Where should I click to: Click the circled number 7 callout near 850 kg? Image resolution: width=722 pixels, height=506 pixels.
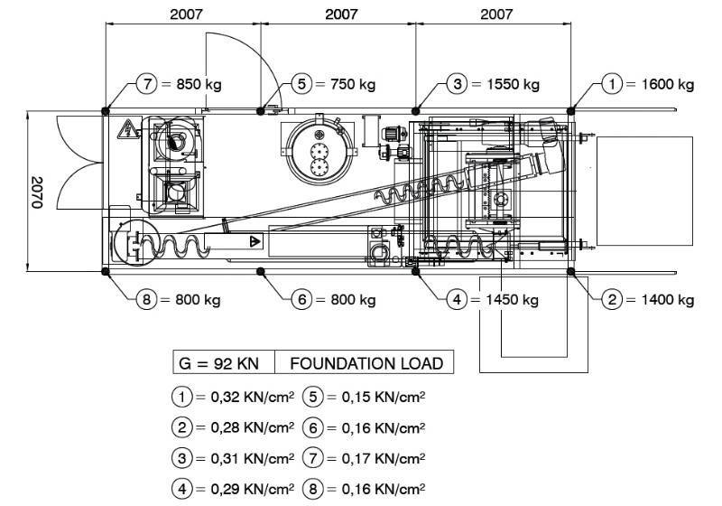click(x=147, y=84)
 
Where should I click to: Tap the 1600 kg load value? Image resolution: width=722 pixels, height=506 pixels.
click(x=668, y=84)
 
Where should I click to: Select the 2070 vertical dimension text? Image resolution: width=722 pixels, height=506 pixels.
click(x=36, y=192)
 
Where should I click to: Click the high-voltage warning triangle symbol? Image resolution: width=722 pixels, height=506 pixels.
click(x=127, y=129)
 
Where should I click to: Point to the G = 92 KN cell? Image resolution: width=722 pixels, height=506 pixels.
click(x=219, y=363)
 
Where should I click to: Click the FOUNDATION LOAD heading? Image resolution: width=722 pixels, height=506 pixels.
click(x=366, y=363)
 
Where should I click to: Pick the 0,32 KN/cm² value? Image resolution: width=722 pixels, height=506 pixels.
click(x=253, y=397)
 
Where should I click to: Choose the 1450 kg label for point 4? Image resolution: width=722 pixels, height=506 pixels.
click(x=512, y=300)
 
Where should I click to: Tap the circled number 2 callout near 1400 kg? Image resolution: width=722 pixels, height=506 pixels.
click(x=612, y=300)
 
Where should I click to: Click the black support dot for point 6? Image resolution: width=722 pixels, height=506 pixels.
click(x=261, y=271)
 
